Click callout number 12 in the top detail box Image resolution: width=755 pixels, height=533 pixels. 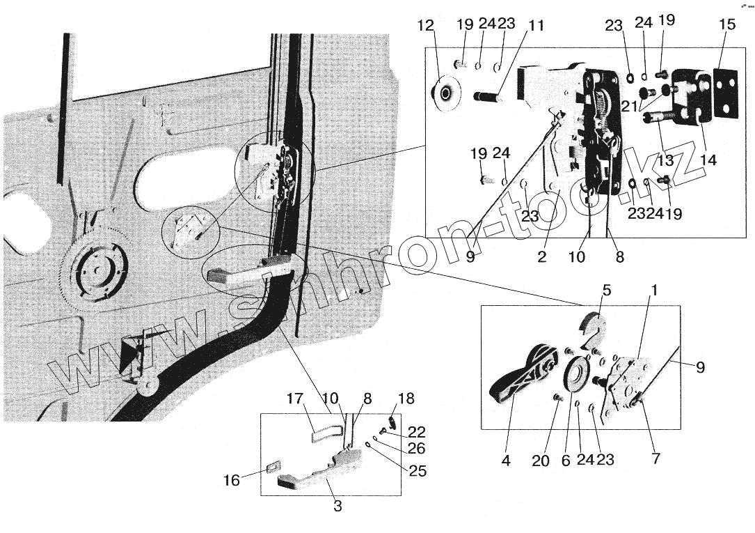point(426,26)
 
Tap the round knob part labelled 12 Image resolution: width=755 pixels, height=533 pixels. point(444,92)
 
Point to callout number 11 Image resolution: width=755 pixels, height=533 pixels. point(536,26)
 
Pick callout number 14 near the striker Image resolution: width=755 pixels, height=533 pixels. point(708,160)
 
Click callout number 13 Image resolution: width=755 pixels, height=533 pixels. point(667,160)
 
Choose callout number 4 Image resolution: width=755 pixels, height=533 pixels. point(506,461)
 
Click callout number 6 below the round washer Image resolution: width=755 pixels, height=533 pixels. point(565,461)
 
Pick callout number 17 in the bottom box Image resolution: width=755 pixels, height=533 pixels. point(295,400)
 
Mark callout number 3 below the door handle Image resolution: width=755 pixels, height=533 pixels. point(337,507)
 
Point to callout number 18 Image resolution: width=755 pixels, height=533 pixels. point(407,399)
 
